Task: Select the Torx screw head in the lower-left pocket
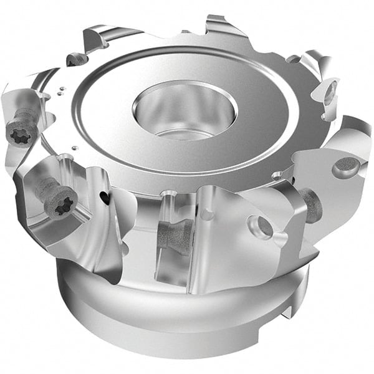(x=62, y=203)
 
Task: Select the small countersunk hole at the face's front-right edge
(x=275, y=176)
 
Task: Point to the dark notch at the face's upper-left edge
(x=77, y=60)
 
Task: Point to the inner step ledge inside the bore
(x=181, y=133)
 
